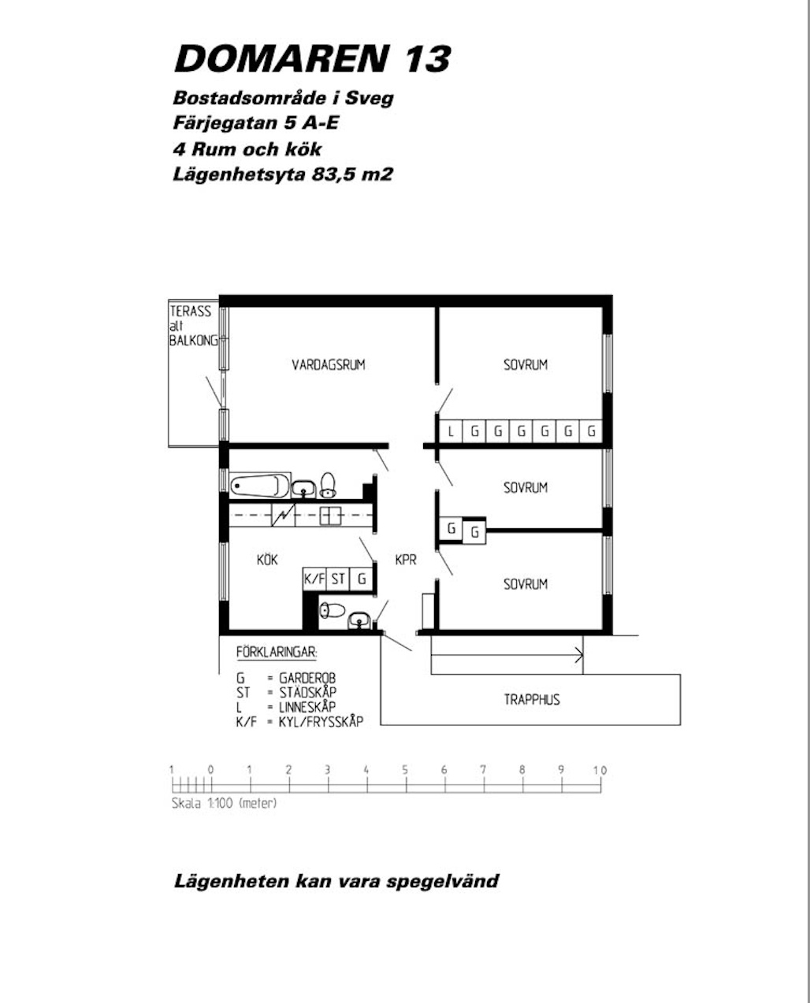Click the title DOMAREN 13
coord(312,59)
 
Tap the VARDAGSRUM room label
coord(329,365)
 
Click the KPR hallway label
coord(406,560)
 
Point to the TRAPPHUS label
coord(532,700)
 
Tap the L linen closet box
coord(451,431)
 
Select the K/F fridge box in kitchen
coord(314,579)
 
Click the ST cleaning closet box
coord(338,579)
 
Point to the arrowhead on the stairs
coord(580,655)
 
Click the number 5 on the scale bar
coord(405,770)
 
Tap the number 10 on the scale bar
coord(600,771)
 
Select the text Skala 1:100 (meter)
coord(224,803)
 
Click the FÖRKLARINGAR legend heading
coord(277,652)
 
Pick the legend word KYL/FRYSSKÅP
coord(321,722)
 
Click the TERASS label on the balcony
coord(191,311)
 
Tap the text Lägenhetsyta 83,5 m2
coord(283,174)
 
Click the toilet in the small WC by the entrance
coord(332,609)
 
